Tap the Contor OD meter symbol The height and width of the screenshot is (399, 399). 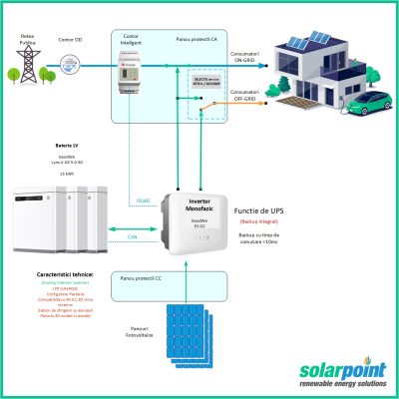pos(70,66)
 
